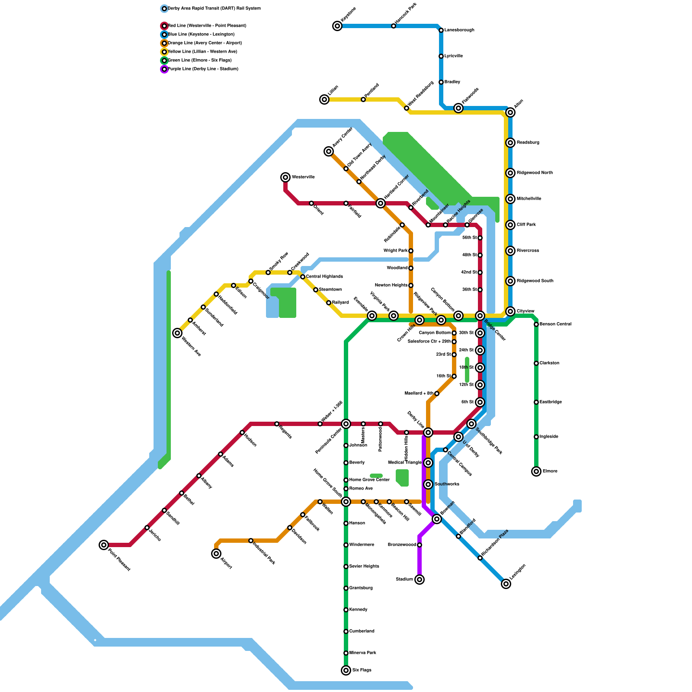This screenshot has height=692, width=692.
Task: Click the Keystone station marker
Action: point(337,26)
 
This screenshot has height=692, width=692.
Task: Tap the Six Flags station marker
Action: point(346,670)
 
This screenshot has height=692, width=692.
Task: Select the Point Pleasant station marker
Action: point(104,545)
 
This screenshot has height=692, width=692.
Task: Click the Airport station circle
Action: point(216,554)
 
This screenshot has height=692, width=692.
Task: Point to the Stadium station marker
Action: point(420,580)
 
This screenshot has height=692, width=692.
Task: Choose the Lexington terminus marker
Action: point(506,584)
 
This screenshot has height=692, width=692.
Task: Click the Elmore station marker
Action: point(536,471)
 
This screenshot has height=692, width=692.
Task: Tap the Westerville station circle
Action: point(285,177)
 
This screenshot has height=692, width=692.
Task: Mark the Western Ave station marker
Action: point(177,333)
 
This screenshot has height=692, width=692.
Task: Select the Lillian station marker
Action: point(324,99)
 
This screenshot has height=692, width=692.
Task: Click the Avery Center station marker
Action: point(329,151)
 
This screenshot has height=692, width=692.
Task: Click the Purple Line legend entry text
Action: point(203,69)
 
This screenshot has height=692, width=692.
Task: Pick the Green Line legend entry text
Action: point(199,61)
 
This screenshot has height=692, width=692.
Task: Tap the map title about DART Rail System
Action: point(214,9)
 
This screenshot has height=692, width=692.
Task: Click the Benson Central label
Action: point(555,324)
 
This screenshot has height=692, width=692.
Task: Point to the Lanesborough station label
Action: point(459,30)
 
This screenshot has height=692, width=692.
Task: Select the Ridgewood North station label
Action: point(535,173)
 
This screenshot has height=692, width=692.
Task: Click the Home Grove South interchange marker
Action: point(346,502)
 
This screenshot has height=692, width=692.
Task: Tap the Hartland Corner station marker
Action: point(381,203)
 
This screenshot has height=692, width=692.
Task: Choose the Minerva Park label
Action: point(362,653)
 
